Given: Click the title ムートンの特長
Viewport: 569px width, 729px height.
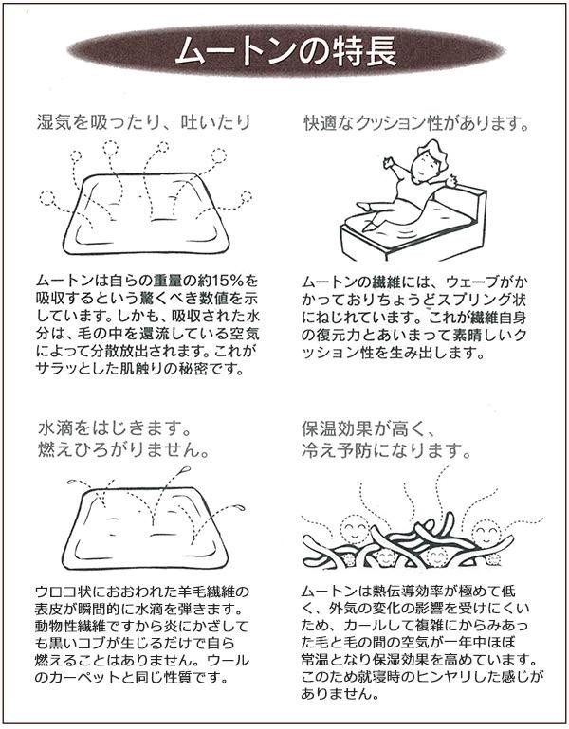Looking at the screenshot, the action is pos(285,50).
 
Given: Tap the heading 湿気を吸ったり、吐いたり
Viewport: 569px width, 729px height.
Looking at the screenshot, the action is pos(144,122).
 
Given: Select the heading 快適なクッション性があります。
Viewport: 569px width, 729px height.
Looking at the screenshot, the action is pos(417,123).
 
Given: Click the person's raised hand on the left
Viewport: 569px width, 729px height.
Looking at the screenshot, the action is pos(388,163).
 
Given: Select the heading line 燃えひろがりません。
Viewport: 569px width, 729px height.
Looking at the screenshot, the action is pos(123,450).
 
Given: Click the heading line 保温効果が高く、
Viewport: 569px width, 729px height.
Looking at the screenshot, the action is pos(367,428).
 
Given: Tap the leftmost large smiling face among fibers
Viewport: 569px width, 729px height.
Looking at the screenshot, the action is pos(355,529).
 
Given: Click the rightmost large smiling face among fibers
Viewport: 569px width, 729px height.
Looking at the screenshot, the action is pos(486,531).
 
